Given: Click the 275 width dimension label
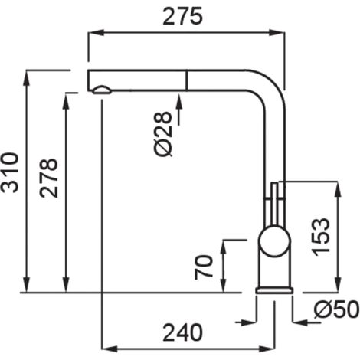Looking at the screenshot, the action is pyautogui.click(x=182, y=16).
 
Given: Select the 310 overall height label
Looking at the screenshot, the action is pyautogui.click(x=10, y=172).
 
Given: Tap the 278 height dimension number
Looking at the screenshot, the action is pyautogui.click(x=48, y=178).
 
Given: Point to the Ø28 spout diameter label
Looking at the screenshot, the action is pyautogui.click(x=163, y=133).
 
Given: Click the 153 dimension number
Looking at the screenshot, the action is pyautogui.click(x=321, y=237).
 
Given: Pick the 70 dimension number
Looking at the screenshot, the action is pyautogui.click(x=204, y=267).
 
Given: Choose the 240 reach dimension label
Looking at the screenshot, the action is pyautogui.click(x=183, y=332).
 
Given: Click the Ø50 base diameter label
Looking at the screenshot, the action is pyautogui.click(x=336, y=309).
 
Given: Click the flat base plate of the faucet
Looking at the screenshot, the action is pyautogui.click(x=274, y=290).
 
